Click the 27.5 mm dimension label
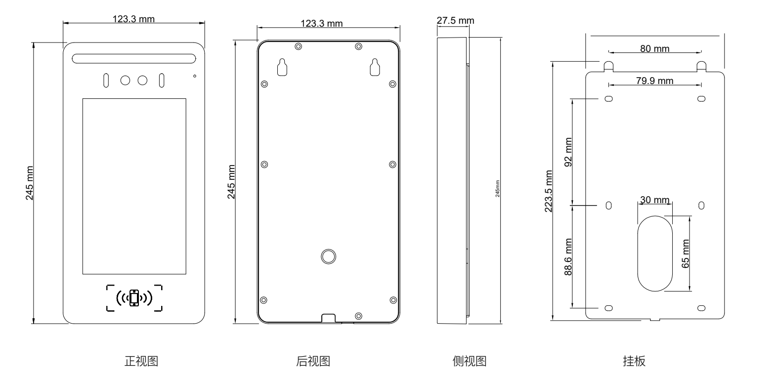point(455,20)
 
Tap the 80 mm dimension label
point(654,49)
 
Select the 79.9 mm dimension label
point(654,81)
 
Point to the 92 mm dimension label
point(568,152)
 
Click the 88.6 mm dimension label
point(568,257)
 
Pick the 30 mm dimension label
point(654,200)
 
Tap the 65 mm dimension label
point(686,253)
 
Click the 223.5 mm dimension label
point(548,191)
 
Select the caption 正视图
point(141,361)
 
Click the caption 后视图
point(313,361)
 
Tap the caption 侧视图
point(469,361)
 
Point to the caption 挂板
point(634,361)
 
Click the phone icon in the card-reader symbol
point(134,298)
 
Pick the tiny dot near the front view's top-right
point(195,76)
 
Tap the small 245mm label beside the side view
point(498,189)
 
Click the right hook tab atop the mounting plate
point(701,66)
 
